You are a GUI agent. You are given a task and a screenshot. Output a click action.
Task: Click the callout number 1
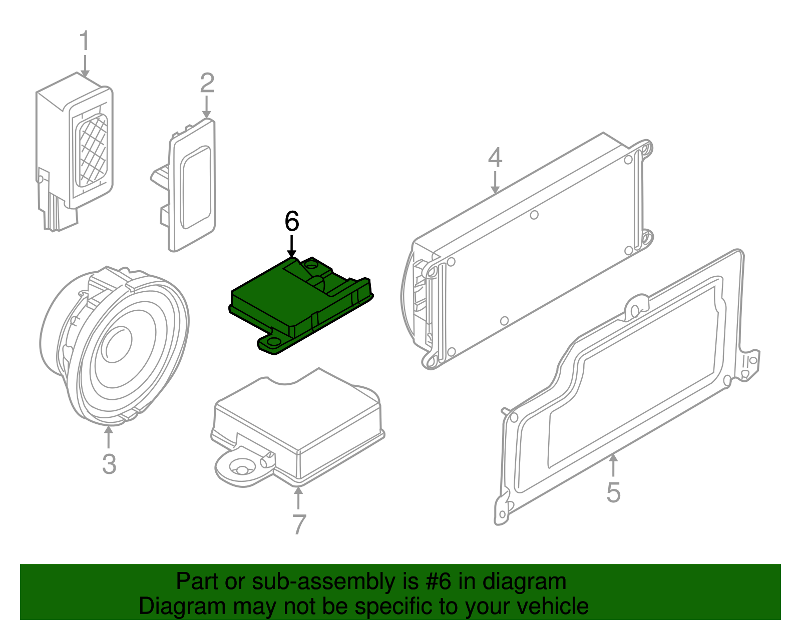click(x=85, y=41)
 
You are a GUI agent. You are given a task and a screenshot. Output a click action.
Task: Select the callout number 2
click(x=207, y=83)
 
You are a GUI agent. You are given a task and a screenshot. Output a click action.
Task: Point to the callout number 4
click(x=495, y=157)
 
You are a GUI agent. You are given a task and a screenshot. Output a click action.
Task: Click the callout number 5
click(x=613, y=492)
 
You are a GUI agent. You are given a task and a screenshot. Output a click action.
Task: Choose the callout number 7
click(x=299, y=524)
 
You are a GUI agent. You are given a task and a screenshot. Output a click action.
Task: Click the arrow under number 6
click(x=291, y=246)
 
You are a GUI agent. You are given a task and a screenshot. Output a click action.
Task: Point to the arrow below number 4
click(x=495, y=182)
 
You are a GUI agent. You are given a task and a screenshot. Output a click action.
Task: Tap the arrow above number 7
click(x=298, y=498)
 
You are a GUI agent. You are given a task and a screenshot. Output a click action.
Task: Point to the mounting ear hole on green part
click(x=273, y=341)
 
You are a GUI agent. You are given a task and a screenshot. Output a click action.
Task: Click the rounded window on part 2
click(x=196, y=188)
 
